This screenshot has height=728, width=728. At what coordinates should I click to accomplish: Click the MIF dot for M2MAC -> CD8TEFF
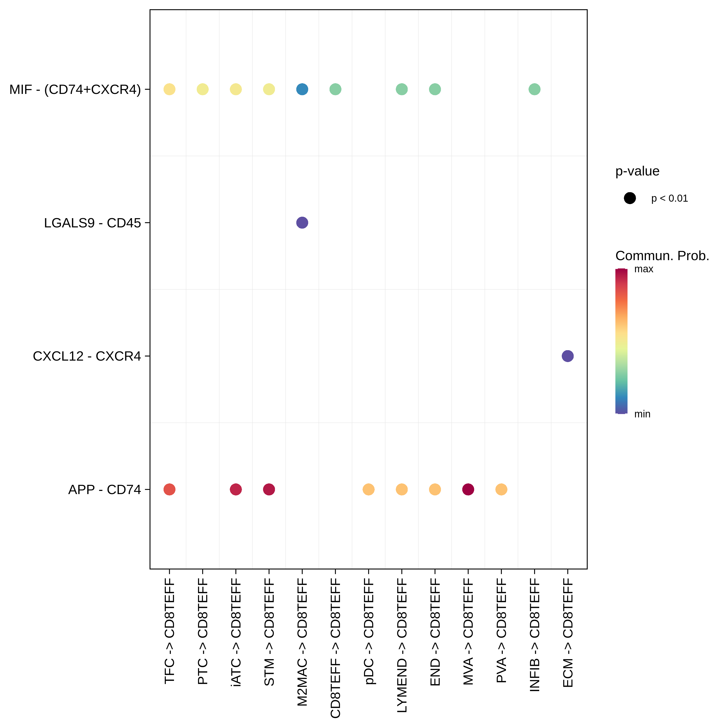pyautogui.click(x=302, y=89)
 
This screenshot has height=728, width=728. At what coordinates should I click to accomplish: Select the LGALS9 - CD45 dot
pyautogui.click(x=302, y=223)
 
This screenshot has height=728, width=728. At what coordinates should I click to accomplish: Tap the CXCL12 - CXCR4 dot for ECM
pyautogui.click(x=568, y=356)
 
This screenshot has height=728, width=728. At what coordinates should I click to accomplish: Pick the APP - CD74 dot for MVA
pyautogui.click(x=468, y=489)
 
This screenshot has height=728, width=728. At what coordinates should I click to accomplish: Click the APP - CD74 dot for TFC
pyautogui.click(x=170, y=489)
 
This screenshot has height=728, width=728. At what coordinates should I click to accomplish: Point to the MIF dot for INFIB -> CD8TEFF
pyautogui.click(x=534, y=89)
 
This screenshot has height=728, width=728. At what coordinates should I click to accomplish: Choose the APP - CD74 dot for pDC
pyautogui.click(x=369, y=489)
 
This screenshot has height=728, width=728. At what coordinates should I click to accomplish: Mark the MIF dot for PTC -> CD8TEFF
pyautogui.click(x=203, y=89)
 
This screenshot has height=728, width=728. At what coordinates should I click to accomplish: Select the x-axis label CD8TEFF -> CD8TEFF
pyautogui.click(x=335, y=648)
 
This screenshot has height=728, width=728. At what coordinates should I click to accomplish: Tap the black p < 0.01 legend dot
pyautogui.click(x=630, y=198)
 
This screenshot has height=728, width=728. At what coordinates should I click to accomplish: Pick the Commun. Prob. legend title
pyautogui.click(x=662, y=256)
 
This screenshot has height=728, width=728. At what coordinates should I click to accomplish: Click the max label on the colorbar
pyautogui.click(x=644, y=269)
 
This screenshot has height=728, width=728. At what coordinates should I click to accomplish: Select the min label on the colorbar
pyautogui.click(x=642, y=414)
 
